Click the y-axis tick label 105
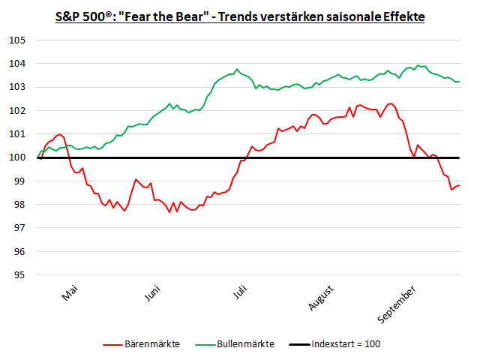[x=17, y=40]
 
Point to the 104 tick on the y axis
[x=17, y=64]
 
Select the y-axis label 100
[x=17, y=157]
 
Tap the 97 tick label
[x=19, y=228]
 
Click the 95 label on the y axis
[x=19, y=275]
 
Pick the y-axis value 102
[x=17, y=110]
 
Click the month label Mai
[x=70, y=293]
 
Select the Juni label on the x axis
[x=152, y=293]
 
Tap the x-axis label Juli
[x=240, y=292]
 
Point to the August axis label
[x=320, y=298]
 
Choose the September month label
[x=396, y=304]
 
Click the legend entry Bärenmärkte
[x=152, y=344]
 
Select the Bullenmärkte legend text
[x=245, y=344]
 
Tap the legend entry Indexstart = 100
[x=346, y=344]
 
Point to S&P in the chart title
[x=68, y=16]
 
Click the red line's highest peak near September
[x=391, y=103]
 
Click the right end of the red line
[x=459, y=185]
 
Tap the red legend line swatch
[x=112, y=345]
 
